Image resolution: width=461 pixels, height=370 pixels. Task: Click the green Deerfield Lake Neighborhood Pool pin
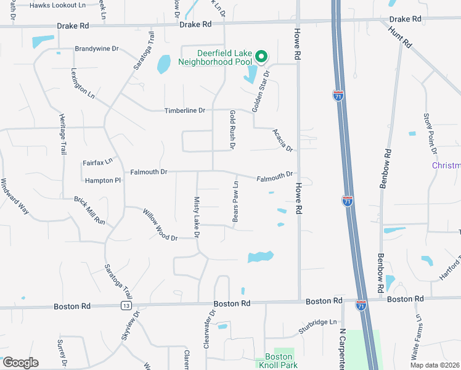coord(261,57)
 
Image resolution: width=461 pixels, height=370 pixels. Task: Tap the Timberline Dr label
coord(184,111)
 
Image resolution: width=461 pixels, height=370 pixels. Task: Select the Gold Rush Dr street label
coord(232,129)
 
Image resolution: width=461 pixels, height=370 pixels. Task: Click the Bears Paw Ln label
coord(235,202)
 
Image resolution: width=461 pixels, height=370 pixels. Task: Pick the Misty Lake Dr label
coord(197,215)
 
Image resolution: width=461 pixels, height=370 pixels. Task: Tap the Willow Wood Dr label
coord(160,224)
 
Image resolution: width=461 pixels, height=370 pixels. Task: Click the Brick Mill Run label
coord(90,210)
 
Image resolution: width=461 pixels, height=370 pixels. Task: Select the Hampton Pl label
coord(102,181)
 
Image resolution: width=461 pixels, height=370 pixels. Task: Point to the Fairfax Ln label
coord(98,162)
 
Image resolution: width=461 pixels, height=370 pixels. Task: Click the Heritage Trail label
coord(62,134)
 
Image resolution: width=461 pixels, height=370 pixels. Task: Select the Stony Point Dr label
coord(430,133)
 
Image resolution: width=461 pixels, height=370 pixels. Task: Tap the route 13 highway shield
coord(126,306)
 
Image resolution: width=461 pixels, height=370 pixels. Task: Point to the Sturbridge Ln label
coord(318,322)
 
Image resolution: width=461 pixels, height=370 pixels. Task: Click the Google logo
coord(20,363)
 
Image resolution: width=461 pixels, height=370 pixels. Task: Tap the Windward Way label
coord(15,196)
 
